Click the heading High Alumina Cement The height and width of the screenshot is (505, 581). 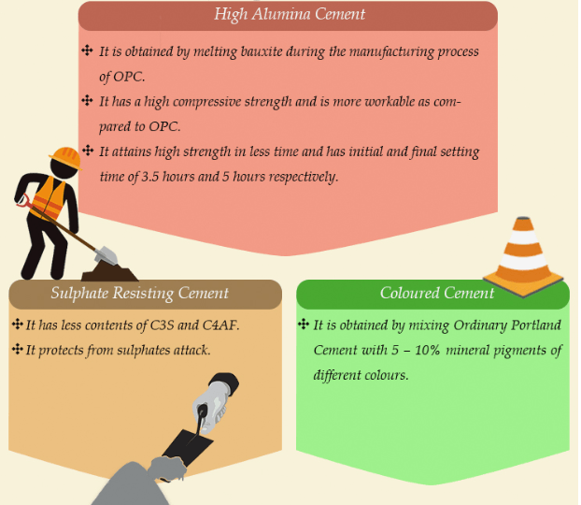290,15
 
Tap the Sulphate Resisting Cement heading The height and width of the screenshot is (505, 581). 140,294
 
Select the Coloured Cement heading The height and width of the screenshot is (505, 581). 437,293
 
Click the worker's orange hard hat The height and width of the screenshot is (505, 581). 66,158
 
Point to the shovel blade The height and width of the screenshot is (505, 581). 106,255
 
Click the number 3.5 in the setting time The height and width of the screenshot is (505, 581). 150,177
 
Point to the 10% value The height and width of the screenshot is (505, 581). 427,351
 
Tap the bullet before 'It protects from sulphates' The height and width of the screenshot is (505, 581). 18,349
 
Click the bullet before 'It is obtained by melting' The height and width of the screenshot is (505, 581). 87,50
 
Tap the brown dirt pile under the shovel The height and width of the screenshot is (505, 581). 109,271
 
